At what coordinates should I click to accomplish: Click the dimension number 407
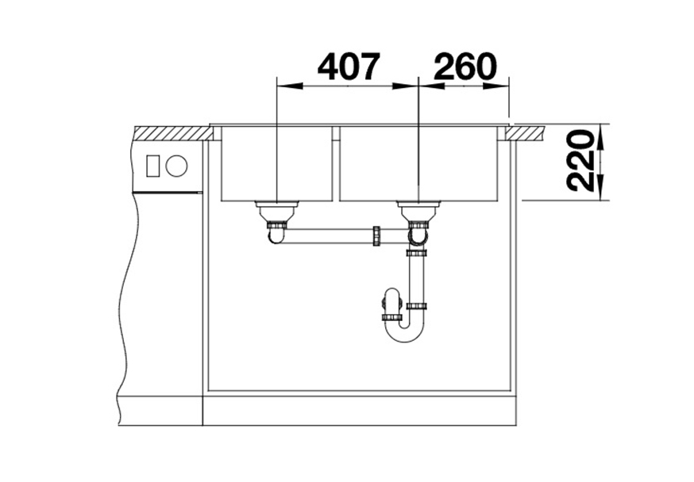(349, 67)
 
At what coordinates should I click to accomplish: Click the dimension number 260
(465, 67)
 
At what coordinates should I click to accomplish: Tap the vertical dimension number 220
(580, 161)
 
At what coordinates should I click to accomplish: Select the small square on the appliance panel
(153, 166)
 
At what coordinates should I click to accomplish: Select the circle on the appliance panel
(176, 166)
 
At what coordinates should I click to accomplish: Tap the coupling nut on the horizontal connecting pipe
(376, 236)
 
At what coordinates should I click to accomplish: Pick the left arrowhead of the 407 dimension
(289, 86)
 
